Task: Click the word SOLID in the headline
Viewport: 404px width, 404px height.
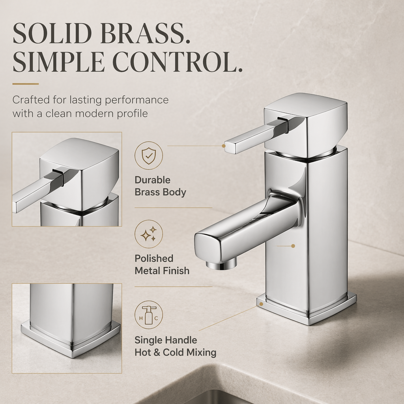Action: tap(52, 34)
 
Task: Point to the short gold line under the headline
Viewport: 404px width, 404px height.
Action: tap(26, 84)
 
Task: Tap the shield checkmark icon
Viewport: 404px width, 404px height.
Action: tap(149, 155)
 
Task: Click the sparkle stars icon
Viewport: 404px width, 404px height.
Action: tap(149, 234)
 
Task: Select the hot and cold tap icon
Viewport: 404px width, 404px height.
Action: tap(149, 315)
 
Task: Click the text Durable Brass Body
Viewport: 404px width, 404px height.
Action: tap(160, 186)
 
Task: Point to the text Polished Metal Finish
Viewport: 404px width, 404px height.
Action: tap(162, 265)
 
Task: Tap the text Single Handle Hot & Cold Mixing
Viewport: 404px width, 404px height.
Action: tap(176, 346)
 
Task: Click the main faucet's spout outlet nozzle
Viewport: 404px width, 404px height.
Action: tap(221, 264)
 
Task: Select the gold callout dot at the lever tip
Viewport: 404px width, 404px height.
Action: tap(224, 146)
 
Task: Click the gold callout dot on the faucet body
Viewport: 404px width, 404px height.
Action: tap(293, 246)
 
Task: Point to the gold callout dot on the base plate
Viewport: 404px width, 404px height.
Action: tap(261, 304)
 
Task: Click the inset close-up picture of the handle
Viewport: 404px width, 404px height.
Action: tap(67, 180)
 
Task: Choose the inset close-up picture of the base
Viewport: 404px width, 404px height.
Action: tap(67, 328)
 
